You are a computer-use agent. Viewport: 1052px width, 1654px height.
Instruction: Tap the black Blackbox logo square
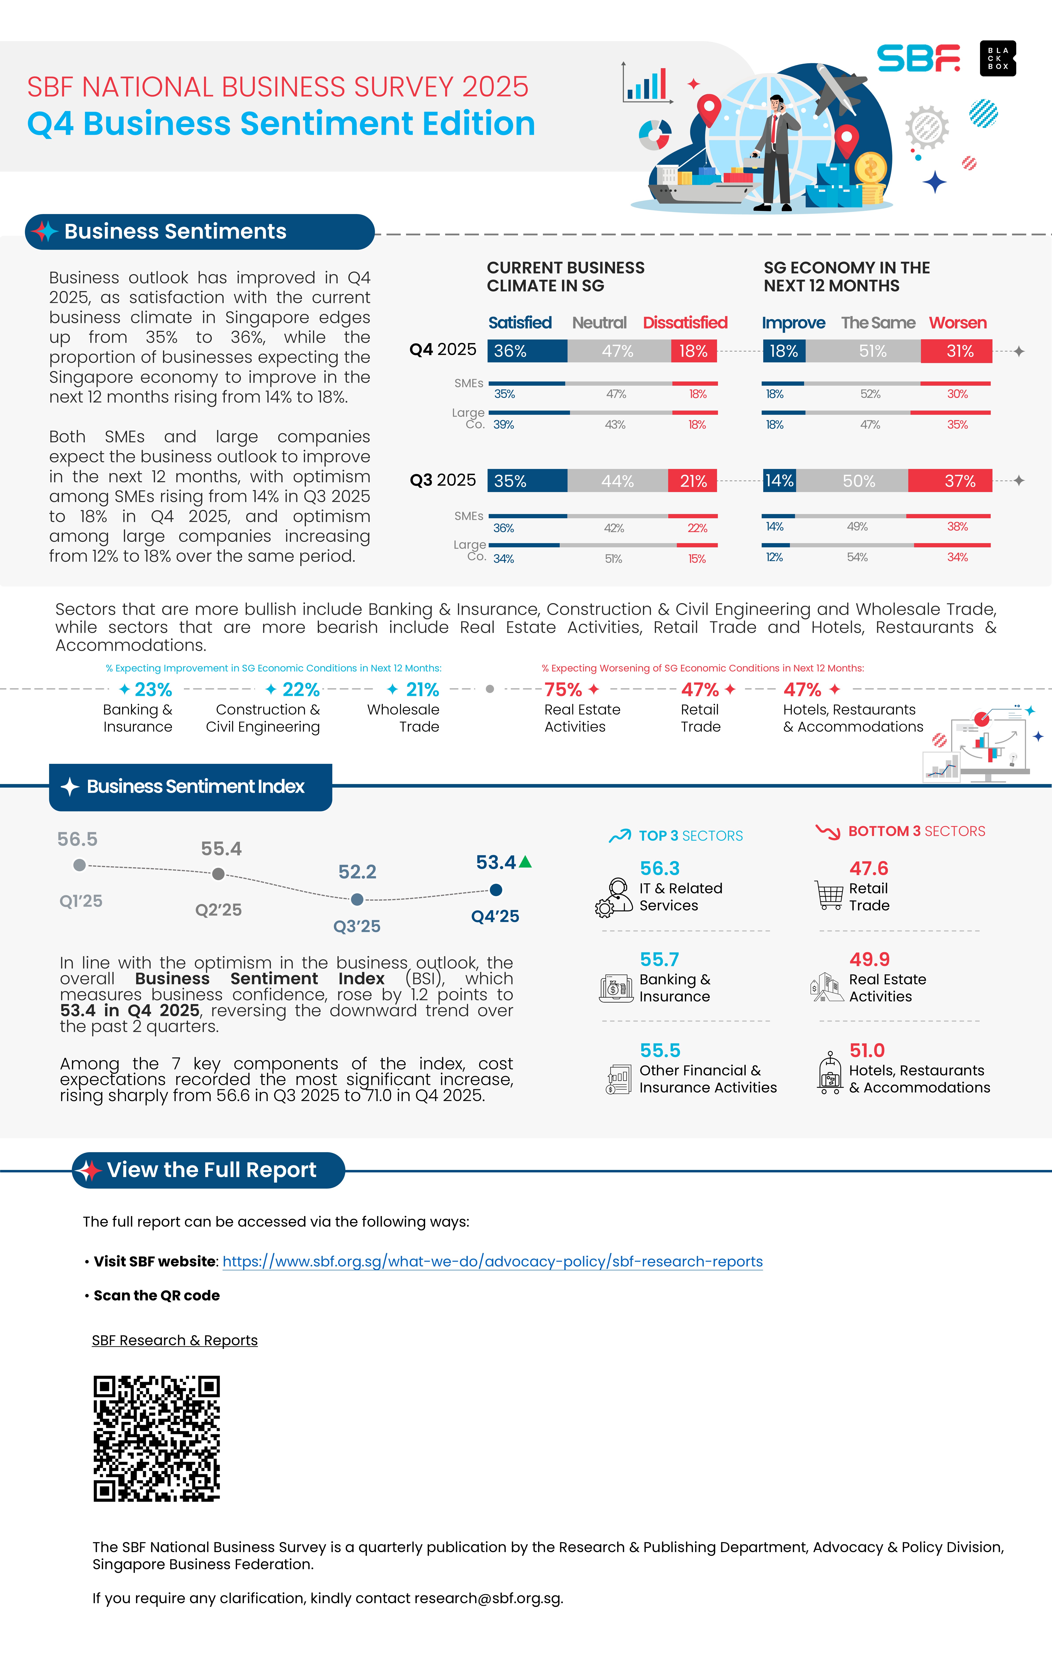[x=998, y=58]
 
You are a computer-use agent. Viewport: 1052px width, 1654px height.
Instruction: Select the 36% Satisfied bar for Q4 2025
[x=527, y=351]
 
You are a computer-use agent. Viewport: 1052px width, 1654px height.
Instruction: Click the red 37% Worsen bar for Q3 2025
[x=950, y=481]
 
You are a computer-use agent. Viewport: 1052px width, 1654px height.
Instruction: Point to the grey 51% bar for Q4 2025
[x=863, y=351]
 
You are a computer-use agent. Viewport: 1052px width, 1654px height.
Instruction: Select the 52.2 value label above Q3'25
[x=357, y=872]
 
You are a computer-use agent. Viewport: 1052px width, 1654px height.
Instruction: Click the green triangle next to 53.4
[x=526, y=861]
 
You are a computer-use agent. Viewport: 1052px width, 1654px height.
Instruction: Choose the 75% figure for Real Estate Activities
[x=563, y=689]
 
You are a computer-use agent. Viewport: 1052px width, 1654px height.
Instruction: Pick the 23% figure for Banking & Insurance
[x=153, y=689]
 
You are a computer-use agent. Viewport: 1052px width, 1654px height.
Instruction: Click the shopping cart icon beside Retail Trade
[x=829, y=895]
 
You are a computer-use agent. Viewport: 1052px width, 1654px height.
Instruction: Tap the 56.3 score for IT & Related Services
[x=660, y=868]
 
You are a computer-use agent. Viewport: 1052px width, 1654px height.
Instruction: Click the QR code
[x=157, y=1438]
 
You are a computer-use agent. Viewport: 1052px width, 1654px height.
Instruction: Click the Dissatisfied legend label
[x=685, y=323]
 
